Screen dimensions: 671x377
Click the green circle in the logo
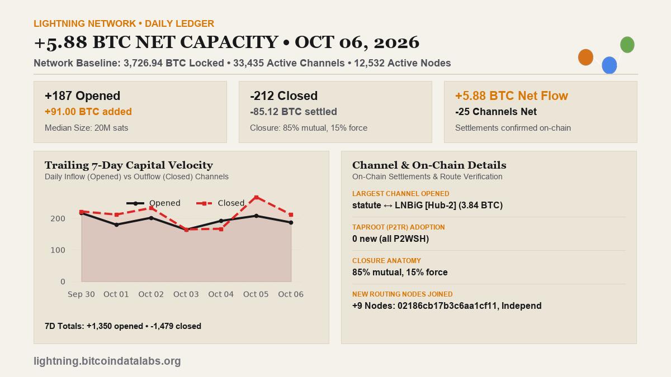pos(627,45)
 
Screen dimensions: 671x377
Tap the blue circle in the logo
pos(609,65)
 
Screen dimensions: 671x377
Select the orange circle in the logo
pos(585,57)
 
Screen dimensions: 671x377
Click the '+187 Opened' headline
pos(82,96)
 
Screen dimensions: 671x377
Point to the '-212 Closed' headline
pos(283,96)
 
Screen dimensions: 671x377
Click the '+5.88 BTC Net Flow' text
pos(511,96)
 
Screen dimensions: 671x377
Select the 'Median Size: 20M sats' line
pos(86,128)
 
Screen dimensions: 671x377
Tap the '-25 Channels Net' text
pos(496,112)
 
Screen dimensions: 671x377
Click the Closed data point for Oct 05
pos(257,198)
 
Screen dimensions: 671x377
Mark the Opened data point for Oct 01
pos(116,225)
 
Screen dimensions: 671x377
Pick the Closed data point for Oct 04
pos(221,229)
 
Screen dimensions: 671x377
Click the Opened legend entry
pos(153,203)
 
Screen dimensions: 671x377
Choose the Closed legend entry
pos(220,203)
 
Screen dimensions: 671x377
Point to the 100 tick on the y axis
pos(58,250)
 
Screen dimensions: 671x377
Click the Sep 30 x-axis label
pos(81,294)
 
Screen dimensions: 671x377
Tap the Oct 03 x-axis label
pos(186,294)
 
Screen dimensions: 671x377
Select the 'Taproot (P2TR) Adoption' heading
pos(398,227)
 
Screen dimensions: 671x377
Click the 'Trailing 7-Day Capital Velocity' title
pos(129,165)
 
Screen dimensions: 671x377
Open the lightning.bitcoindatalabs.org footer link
pos(107,361)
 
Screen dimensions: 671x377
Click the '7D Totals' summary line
pos(123,326)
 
